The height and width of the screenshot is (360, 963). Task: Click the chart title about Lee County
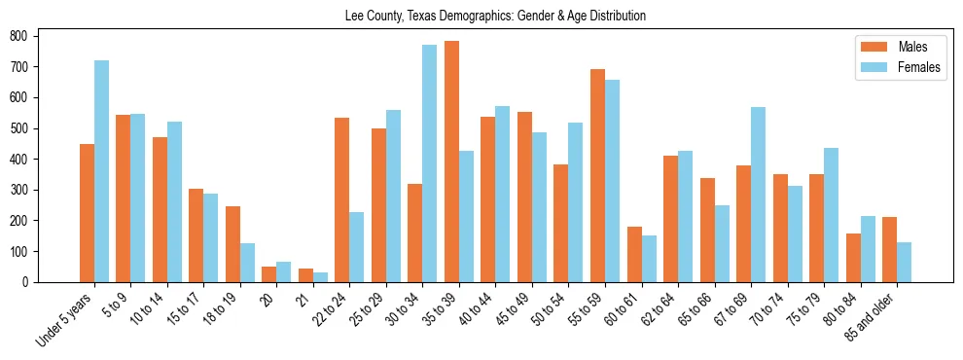click(x=495, y=17)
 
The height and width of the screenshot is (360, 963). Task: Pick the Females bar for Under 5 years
click(x=101, y=171)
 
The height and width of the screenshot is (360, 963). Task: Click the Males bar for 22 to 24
click(x=341, y=199)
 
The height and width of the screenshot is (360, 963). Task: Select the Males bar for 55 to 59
click(x=597, y=175)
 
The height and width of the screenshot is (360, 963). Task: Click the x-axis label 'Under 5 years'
click(x=65, y=316)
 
